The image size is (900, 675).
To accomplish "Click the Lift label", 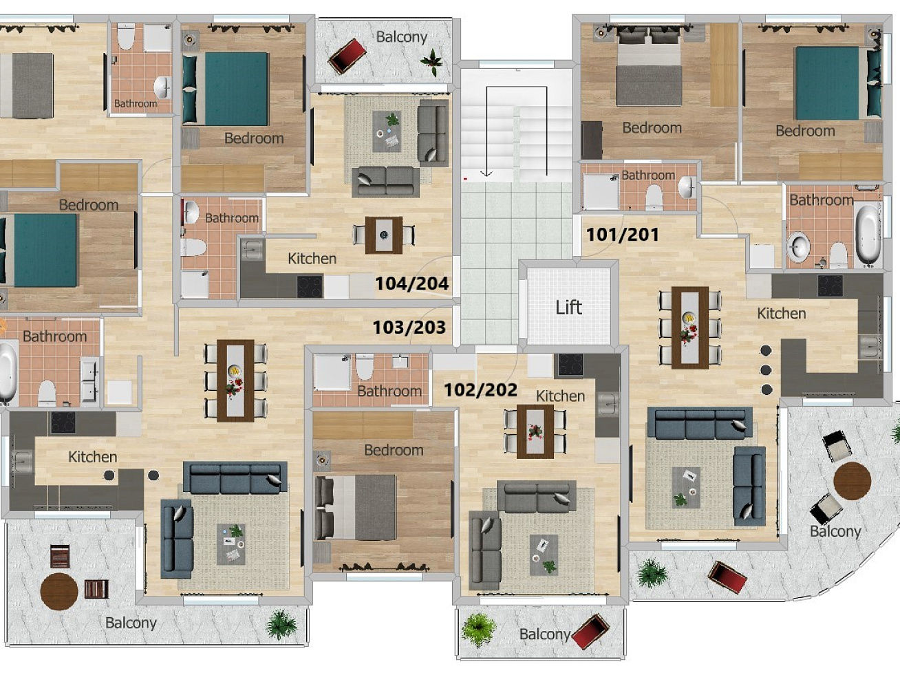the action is pyautogui.click(x=569, y=308).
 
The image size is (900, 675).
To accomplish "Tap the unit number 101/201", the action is pyautogui.click(x=623, y=235).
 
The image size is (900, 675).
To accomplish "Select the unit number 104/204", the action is pyautogui.click(x=412, y=283).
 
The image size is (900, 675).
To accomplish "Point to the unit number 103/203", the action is pyautogui.click(x=409, y=328).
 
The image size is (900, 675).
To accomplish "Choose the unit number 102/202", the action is pyautogui.click(x=480, y=389).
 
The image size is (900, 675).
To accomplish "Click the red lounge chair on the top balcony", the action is pyautogui.click(x=347, y=56).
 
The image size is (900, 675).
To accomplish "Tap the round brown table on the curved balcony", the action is pyautogui.click(x=853, y=481).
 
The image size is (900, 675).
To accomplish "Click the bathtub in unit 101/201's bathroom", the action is pyautogui.click(x=868, y=234).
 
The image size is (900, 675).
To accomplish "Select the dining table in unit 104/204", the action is pyautogui.click(x=384, y=235).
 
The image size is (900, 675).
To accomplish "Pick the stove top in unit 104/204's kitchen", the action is pyautogui.click(x=310, y=286).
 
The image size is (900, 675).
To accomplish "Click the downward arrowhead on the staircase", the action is pyautogui.click(x=486, y=173).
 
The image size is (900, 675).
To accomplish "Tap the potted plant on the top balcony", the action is pyautogui.click(x=432, y=62).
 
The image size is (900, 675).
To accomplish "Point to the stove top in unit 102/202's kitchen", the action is pyautogui.click(x=570, y=365).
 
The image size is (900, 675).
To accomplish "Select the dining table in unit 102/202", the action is pyautogui.click(x=535, y=431).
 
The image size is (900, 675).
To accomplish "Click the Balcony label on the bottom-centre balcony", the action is pyautogui.click(x=545, y=634).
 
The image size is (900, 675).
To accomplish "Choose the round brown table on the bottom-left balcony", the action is pyautogui.click(x=59, y=592).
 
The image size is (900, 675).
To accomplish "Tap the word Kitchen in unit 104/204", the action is pyautogui.click(x=312, y=259).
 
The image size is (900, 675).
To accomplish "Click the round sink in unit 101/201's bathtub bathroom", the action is pyautogui.click(x=797, y=246).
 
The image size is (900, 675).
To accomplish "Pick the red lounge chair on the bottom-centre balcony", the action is pyautogui.click(x=590, y=632).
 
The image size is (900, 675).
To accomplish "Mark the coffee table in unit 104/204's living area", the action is pyautogui.click(x=387, y=131).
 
